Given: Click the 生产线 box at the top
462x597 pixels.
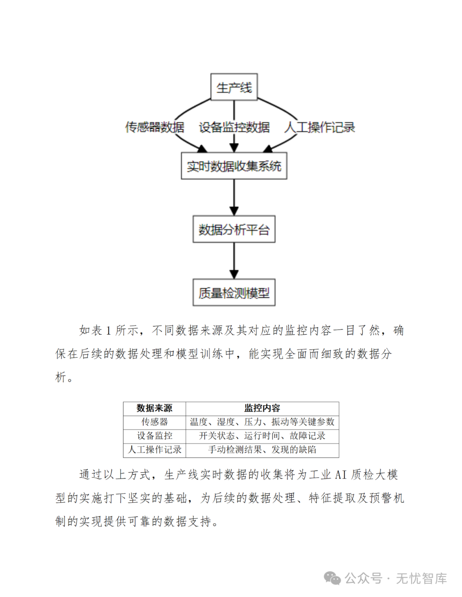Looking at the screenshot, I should (234, 87).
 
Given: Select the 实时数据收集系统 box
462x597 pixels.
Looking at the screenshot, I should (234, 166).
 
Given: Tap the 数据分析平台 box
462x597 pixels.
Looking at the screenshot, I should (234, 229).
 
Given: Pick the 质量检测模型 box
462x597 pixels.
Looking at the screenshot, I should (234, 293).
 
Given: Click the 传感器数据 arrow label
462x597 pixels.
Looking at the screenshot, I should (155, 127).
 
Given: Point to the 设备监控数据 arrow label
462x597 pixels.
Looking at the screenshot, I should (234, 127).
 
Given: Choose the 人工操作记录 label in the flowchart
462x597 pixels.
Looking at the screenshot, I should (320, 127).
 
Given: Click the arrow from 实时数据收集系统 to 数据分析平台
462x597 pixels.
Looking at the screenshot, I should (234, 197).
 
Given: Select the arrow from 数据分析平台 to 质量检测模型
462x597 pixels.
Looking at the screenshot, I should (234, 261).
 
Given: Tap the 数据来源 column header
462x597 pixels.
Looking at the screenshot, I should (154, 408).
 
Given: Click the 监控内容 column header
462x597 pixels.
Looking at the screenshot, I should (262, 408).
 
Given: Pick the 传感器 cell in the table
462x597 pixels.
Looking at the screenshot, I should (154, 422).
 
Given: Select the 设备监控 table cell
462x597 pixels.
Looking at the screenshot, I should (154, 435).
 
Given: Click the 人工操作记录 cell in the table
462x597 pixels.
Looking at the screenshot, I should (154, 450).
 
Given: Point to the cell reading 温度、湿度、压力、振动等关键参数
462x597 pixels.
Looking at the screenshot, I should (262, 422).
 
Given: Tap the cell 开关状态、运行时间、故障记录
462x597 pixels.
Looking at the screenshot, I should (262, 435).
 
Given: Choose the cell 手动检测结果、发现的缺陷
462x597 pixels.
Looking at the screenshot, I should (262, 450).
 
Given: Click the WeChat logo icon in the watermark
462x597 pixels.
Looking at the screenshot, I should (332, 579).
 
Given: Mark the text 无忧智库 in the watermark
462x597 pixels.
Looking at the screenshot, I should (421, 579).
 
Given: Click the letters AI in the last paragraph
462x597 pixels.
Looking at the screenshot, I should (341, 475).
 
